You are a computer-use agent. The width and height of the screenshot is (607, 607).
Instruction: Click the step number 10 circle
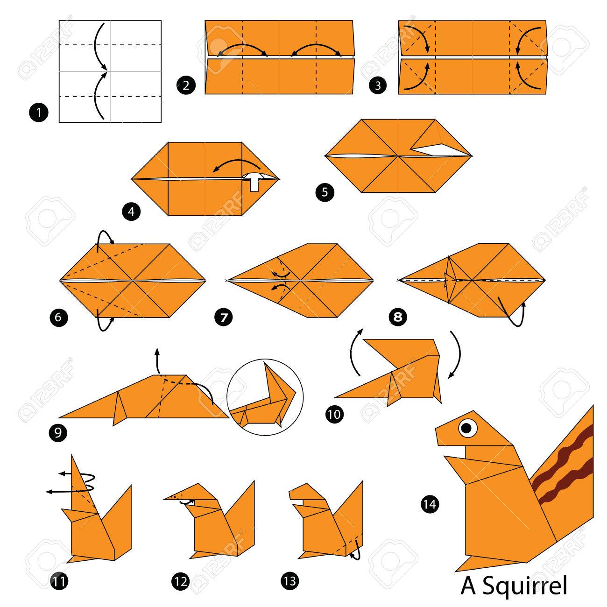[x=335, y=414]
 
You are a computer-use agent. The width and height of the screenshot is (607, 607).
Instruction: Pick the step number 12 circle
[x=181, y=581]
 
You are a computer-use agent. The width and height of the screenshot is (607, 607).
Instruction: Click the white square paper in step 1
[x=110, y=71]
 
